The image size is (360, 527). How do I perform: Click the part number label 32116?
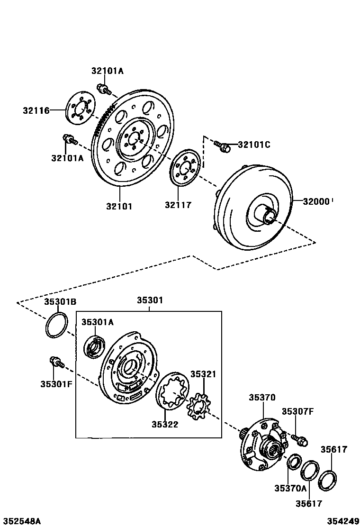pyautogui.click(x=36, y=111)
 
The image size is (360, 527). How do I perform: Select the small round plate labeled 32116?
pyautogui.click(x=80, y=110)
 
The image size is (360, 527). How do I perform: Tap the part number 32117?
pyautogui.click(x=178, y=205)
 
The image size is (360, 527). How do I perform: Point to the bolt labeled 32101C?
pyautogui.click(x=222, y=145)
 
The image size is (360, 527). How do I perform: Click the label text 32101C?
pyautogui.click(x=254, y=145)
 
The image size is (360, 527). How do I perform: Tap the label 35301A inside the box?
pyautogui.click(x=98, y=322)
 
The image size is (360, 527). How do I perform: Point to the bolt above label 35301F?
pyautogui.click(x=55, y=363)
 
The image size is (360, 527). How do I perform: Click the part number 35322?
pyautogui.click(x=165, y=424)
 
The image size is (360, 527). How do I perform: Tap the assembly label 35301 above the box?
pyautogui.click(x=150, y=300)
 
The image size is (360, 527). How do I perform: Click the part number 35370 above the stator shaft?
pyautogui.click(x=262, y=398)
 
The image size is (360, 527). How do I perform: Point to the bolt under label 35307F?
pyautogui.click(x=299, y=439)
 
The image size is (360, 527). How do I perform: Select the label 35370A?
pyautogui.click(x=290, y=488)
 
